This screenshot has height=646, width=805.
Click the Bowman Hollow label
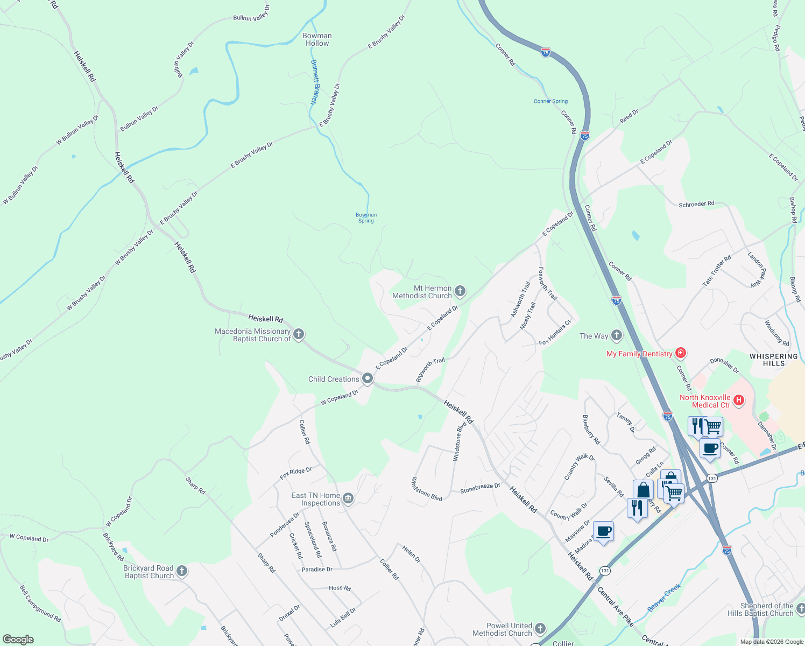317,39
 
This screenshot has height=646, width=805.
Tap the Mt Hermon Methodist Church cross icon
460,291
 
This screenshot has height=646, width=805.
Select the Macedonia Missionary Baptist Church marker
299,334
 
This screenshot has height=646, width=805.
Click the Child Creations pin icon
368,378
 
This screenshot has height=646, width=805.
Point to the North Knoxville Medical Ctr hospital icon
739,400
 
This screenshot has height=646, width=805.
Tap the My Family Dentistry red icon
681,353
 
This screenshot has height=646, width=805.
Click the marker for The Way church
617,335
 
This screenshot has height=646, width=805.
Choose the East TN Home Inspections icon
348,498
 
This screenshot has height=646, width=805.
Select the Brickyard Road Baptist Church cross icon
182,571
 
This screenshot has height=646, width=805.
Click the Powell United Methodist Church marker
540,628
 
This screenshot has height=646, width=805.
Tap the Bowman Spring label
366,217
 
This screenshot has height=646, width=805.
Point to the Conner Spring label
550,101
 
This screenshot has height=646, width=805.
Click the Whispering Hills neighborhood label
774,360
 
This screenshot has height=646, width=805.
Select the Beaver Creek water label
664,598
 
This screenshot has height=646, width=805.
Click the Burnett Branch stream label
315,82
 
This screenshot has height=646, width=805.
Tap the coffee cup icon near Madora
603,531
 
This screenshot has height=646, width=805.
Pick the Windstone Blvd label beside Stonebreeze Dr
426,489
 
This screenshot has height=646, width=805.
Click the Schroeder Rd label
696,204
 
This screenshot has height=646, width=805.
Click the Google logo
18,639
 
